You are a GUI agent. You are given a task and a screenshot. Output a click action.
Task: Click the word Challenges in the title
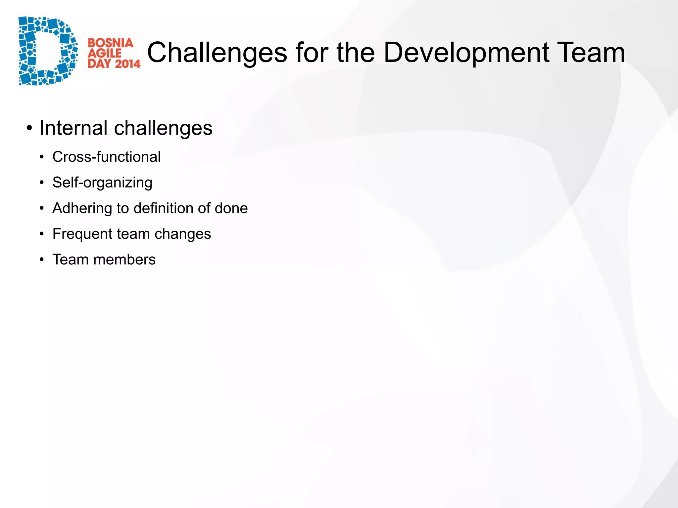(217, 53)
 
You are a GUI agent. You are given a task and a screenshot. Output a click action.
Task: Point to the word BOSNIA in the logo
(110, 43)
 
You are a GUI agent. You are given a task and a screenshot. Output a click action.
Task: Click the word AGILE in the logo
(105, 53)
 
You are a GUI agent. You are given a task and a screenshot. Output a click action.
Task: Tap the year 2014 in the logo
(127, 63)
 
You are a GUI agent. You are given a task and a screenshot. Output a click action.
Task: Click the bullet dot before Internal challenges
(29, 128)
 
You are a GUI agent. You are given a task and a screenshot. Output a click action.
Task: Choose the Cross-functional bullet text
(106, 157)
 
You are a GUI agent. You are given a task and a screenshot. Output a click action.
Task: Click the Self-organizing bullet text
(102, 183)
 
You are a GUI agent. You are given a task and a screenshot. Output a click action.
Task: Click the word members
(124, 260)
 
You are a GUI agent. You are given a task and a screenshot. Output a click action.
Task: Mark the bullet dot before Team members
(41, 260)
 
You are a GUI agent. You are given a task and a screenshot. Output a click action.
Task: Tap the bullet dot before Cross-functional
(41, 157)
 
